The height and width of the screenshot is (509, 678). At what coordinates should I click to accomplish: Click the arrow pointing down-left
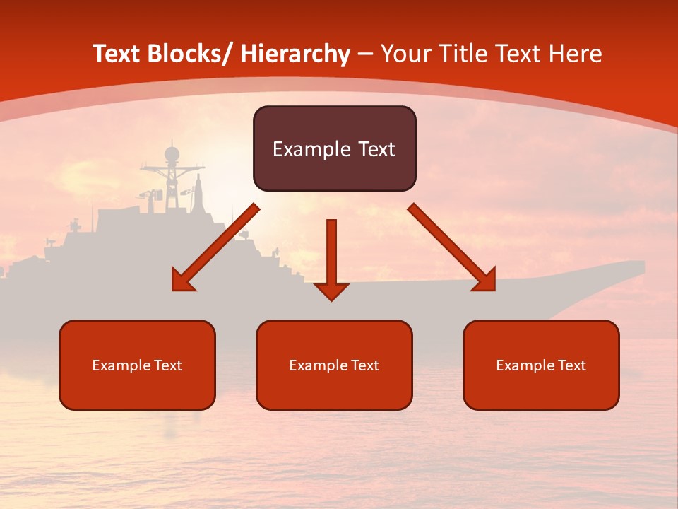[x=215, y=248]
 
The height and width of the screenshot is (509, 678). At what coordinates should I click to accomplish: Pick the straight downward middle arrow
[x=331, y=258]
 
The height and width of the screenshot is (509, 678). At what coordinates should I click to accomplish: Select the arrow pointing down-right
[x=452, y=248]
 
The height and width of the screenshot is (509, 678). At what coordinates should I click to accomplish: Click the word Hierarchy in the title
[x=295, y=54]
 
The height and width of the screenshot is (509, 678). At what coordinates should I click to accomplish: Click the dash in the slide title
[x=365, y=54]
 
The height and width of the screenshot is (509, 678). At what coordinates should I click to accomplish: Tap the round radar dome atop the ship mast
[x=172, y=153]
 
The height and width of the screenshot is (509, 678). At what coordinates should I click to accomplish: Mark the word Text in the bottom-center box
[x=364, y=365]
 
